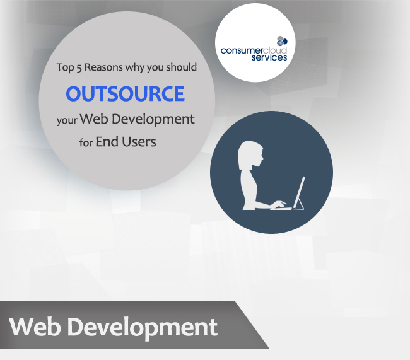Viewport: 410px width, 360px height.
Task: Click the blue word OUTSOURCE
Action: pos(126,93)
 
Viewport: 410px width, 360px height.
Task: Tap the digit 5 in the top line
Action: pos(79,67)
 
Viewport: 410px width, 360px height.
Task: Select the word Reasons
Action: pos(103,67)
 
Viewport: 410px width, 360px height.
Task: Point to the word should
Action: pos(182,67)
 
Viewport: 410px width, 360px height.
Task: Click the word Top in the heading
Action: pos(66,67)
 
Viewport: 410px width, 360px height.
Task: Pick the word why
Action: pos(135,67)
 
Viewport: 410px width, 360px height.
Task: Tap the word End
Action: pos(107,142)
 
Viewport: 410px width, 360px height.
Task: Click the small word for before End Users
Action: pos(86,142)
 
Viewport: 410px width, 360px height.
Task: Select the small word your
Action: pos(67,120)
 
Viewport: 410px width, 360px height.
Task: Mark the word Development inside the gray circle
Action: pos(153,120)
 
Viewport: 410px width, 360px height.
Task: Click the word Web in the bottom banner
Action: pos(35,327)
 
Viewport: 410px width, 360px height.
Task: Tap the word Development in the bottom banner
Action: pos(143,328)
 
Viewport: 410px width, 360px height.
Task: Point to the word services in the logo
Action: pos(269,57)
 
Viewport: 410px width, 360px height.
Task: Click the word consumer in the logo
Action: pos(242,50)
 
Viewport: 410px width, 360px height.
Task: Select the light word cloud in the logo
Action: pos(275,50)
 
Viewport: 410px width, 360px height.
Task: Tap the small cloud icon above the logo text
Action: pos(282,41)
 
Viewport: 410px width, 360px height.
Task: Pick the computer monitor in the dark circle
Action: pos(299,193)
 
